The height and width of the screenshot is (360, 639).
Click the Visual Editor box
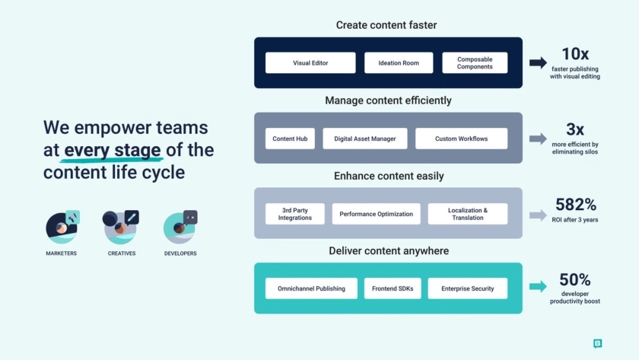tap(310, 63)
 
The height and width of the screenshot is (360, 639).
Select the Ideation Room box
tap(399, 63)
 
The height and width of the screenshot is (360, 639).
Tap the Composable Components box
tap(475, 63)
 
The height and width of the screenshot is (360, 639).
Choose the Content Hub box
tap(290, 139)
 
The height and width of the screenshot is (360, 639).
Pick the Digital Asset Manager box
tap(365, 139)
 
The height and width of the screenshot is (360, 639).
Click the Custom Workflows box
tap(461, 139)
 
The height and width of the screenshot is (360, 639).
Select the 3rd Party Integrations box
tap(295, 214)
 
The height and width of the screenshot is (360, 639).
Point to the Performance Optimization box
tap(377, 214)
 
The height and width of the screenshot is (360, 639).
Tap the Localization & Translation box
tap(468, 214)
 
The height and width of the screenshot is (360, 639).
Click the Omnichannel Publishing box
tap(310, 288)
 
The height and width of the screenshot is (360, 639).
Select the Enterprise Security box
tap(468, 288)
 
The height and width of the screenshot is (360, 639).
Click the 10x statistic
tap(576, 54)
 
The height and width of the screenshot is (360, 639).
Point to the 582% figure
tap(575, 204)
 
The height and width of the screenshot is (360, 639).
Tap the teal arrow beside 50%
tap(538, 286)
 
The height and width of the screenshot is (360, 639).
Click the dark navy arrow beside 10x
tap(538, 63)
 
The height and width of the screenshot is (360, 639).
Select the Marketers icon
tap(62, 228)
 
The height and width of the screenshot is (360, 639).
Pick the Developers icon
tap(180, 228)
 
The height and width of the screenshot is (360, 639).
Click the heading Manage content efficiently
tap(388, 100)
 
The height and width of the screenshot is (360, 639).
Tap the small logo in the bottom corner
tap(597, 343)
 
